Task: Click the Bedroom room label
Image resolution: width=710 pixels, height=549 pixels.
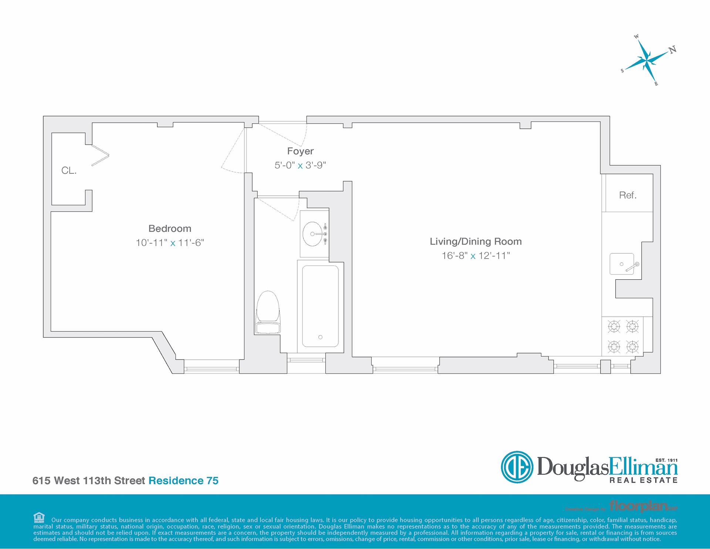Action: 170,229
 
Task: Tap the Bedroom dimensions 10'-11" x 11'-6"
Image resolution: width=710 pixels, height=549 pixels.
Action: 170,243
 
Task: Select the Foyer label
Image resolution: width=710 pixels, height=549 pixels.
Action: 300,151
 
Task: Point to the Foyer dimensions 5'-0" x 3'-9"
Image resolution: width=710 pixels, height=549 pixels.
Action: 300,165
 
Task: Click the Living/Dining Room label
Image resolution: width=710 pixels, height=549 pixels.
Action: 476,242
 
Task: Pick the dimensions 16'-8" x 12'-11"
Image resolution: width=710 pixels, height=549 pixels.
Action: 476,256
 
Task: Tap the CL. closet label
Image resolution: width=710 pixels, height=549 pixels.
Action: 69,171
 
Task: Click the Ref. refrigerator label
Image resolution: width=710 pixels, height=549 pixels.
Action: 628,195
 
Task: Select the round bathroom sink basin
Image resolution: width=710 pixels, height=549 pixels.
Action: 312,234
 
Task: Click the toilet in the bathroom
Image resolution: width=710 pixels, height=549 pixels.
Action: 268,311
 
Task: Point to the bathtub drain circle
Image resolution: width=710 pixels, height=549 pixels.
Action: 320,337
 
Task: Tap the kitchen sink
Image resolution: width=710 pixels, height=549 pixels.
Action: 622,264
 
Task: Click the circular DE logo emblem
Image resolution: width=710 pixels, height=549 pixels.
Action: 517,467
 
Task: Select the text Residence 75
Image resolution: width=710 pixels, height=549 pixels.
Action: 183,481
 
